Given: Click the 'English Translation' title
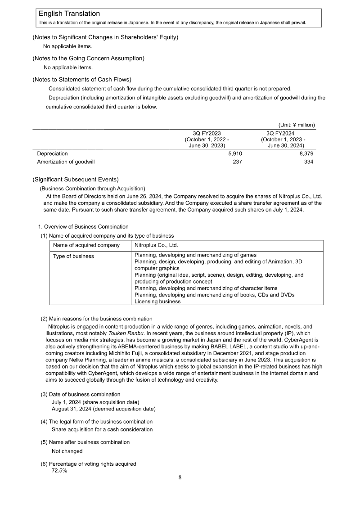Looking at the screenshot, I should pyautogui.click(x=69, y=14).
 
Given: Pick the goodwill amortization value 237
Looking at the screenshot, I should pyautogui.click(x=237, y=162).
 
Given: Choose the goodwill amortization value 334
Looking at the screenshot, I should pyautogui.click(x=309, y=162).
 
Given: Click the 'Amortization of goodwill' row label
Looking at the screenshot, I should pyautogui.click(x=66, y=162).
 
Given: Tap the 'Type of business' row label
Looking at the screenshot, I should pyautogui.click(x=73, y=256).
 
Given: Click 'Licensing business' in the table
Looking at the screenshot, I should pyautogui.click(x=157, y=302).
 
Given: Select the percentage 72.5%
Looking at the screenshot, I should pyautogui.click(x=59, y=471).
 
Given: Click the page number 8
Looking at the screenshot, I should pyautogui.click(x=180, y=477).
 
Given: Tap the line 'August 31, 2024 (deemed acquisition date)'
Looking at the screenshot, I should pyautogui.click(x=103, y=409).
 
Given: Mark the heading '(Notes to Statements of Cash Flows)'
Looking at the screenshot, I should pyautogui.click(x=82, y=79).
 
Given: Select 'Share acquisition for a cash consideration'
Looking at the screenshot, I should pyautogui.click(x=102, y=429).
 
